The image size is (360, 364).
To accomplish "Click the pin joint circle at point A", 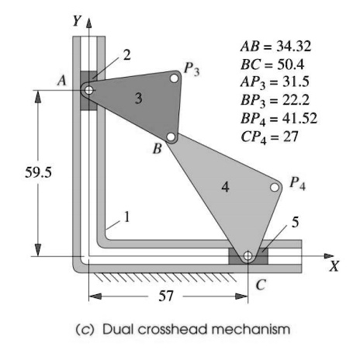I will (89, 90).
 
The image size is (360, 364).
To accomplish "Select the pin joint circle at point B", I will (172, 138).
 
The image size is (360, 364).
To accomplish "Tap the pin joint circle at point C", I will (247, 256).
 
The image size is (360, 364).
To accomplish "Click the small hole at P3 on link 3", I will (175, 78).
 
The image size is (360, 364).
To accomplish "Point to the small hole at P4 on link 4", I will (275, 187).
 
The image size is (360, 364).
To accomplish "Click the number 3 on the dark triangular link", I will (138, 99).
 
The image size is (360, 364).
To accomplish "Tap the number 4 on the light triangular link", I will (226, 189).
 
